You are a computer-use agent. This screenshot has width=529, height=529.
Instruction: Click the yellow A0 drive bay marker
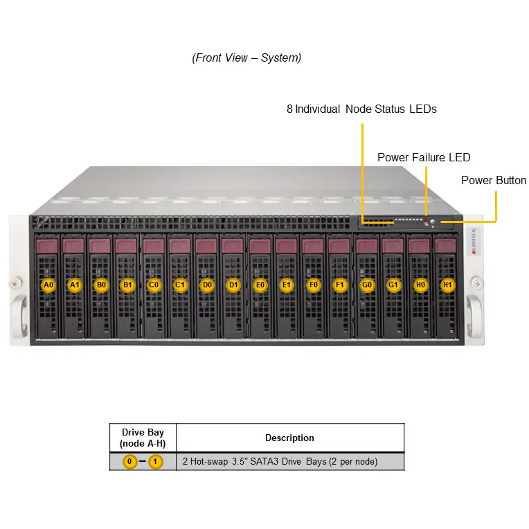(x=48, y=285)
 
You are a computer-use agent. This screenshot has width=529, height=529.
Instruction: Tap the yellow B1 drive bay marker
(x=127, y=285)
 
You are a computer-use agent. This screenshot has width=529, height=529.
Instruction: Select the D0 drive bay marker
(x=207, y=285)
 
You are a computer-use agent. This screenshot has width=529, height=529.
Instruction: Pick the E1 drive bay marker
(x=287, y=285)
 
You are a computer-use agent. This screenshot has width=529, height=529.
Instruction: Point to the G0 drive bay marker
(x=367, y=285)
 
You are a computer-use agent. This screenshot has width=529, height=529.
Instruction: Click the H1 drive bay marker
(x=447, y=285)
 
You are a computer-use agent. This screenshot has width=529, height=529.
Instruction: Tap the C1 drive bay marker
(x=180, y=285)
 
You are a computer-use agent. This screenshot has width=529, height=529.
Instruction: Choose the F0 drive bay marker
(x=314, y=285)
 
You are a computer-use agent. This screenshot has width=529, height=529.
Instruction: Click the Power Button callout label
(x=494, y=180)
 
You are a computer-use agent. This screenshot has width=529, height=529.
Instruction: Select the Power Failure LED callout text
(x=424, y=157)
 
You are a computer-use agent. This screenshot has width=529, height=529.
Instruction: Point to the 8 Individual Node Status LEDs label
(x=361, y=109)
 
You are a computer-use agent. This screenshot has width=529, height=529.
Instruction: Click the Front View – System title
(x=246, y=57)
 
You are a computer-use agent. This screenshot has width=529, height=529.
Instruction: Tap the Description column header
(x=290, y=438)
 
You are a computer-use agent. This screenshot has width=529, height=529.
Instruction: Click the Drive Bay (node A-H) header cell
(x=143, y=438)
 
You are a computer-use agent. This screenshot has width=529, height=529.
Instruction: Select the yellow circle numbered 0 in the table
(x=130, y=462)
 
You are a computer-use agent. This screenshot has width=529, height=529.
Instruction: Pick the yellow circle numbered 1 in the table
(x=155, y=462)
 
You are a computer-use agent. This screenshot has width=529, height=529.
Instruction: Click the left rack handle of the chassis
(x=19, y=316)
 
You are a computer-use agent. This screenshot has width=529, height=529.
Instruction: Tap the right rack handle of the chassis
(x=475, y=316)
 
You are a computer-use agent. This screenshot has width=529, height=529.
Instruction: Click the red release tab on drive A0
(x=47, y=246)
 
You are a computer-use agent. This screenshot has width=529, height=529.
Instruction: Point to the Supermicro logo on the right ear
(x=474, y=241)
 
